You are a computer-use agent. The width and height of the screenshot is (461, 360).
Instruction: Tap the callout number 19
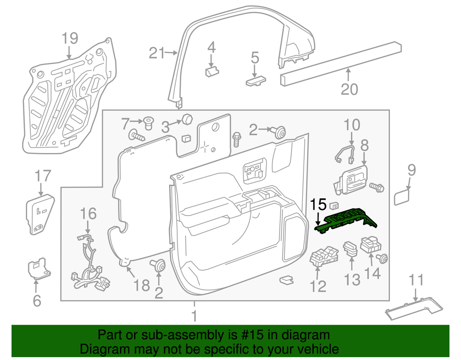tap(70, 38)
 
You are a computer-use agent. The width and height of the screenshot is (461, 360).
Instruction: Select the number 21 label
tap(157, 53)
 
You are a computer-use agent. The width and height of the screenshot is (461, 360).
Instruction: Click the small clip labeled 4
tap(212, 71)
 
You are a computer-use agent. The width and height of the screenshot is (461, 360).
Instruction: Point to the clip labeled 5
tap(256, 81)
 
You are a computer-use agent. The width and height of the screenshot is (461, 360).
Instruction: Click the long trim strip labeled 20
tap(341, 64)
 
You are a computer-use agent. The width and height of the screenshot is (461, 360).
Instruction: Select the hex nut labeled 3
tap(187, 119)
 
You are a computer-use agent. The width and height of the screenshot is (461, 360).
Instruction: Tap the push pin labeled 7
tap(149, 123)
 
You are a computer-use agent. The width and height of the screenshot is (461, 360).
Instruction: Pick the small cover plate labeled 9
tap(402, 197)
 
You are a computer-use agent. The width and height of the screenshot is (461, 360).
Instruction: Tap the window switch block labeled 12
tap(324, 256)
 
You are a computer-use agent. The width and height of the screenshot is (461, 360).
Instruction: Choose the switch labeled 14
tap(371, 244)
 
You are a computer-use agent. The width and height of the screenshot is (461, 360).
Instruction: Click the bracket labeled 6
tap(39, 268)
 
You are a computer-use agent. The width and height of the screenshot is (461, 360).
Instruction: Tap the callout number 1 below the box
tap(194, 316)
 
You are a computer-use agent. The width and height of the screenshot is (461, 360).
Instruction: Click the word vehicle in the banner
tap(316, 349)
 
